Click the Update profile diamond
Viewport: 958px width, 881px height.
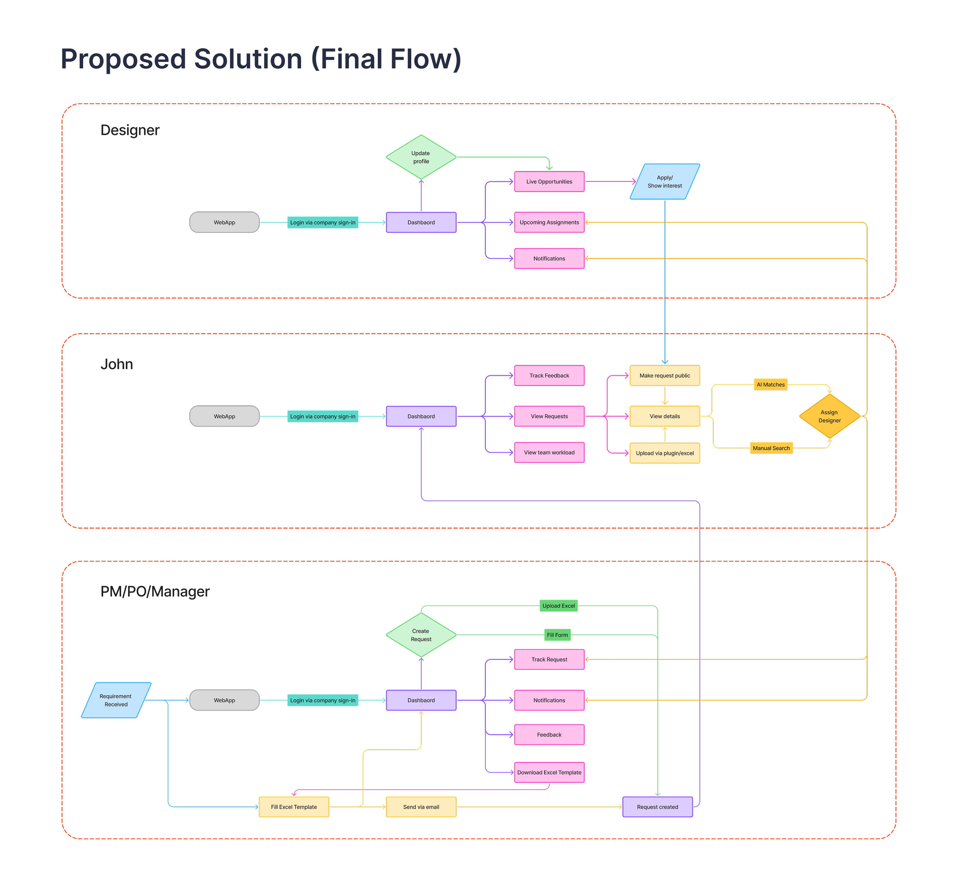click(421, 157)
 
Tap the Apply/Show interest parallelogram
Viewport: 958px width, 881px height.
click(665, 182)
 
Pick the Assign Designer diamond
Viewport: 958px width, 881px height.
click(829, 416)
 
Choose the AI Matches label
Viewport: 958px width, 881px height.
click(770, 385)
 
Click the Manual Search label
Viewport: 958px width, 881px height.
click(771, 448)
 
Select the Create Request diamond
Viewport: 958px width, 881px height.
click(421, 635)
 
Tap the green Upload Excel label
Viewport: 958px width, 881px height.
click(558, 606)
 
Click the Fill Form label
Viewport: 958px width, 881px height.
click(557, 635)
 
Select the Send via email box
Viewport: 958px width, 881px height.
click(421, 807)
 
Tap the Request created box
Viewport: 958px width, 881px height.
click(657, 807)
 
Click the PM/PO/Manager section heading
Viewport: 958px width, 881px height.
click(155, 592)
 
